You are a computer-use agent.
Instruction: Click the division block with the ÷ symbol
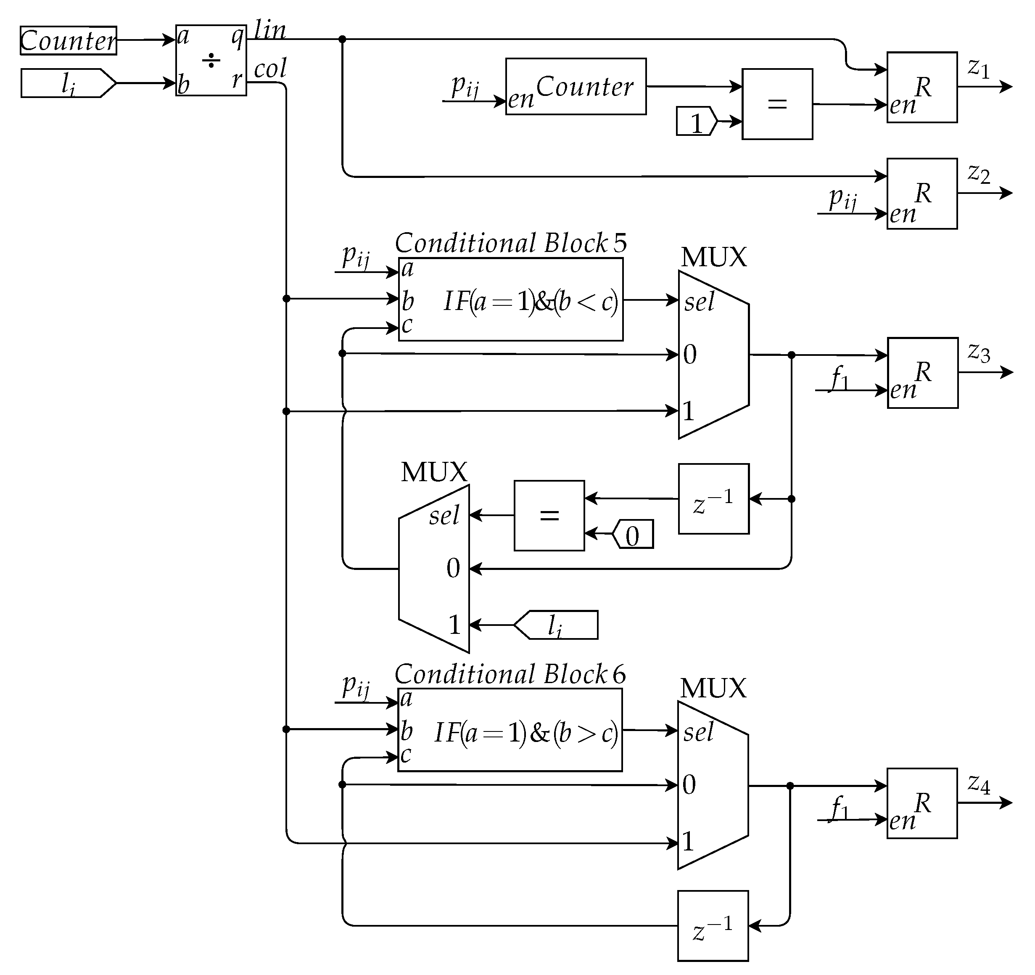(x=211, y=61)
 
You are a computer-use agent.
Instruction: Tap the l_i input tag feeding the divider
(x=68, y=83)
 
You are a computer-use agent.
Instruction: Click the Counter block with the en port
(x=576, y=87)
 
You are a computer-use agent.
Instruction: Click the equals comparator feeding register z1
(x=777, y=104)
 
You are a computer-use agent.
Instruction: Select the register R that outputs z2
(x=922, y=194)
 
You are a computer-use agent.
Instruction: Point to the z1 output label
(x=978, y=68)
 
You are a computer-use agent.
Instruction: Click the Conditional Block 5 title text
(x=510, y=243)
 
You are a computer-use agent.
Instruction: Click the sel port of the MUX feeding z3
(x=699, y=302)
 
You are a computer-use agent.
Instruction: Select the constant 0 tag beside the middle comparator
(x=633, y=534)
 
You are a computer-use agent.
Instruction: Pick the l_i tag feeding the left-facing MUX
(x=556, y=625)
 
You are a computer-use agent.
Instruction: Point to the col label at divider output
(x=270, y=69)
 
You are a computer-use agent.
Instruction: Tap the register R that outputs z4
(x=922, y=803)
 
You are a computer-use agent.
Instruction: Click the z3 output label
(x=978, y=352)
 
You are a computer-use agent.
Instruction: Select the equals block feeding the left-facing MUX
(x=549, y=516)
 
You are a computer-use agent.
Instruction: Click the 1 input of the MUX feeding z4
(x=688, y=841)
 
